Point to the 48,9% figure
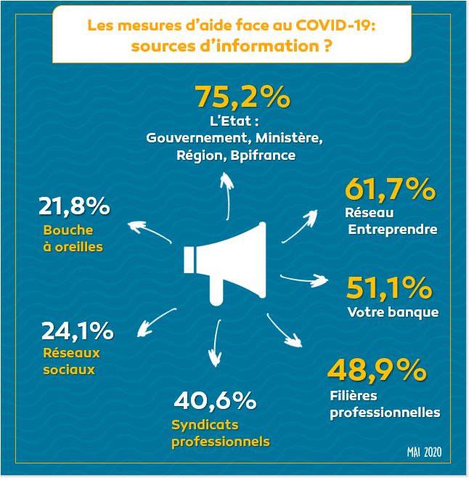pos(376,370)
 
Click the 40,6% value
pos(215,400)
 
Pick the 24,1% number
pos(77,331)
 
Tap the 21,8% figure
pos(73,207)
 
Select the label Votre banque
pos(393,313)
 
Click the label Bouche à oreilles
pos(73,238)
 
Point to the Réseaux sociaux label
pos(70,361)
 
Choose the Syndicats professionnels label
pos(220,433)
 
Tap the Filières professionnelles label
pos(385,405)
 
